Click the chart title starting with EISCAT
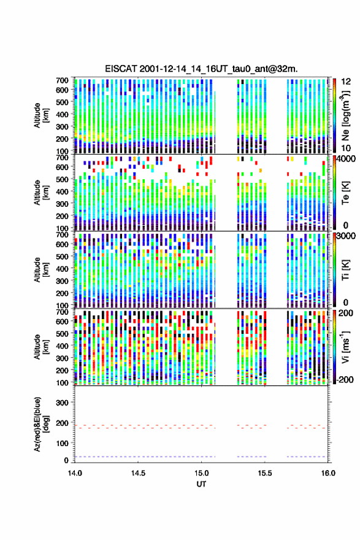pos(201,69)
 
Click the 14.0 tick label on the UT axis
pos(75,473)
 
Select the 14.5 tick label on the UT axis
pos(138,473)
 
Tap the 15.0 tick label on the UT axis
pos(201,473)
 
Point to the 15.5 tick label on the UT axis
pos(265,473)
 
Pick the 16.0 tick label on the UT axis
pos(328,473)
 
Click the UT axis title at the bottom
pos(201,484)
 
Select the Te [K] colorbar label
pos(345,193)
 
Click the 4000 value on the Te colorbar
pos(347,159)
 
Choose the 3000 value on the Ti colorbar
pos(347,236)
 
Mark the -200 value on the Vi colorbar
pos(345,379)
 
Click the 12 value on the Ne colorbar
pos(346,82)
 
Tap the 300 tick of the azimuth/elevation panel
pos(62,403)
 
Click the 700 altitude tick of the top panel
pos(62,80)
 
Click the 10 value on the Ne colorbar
pos(346,148)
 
